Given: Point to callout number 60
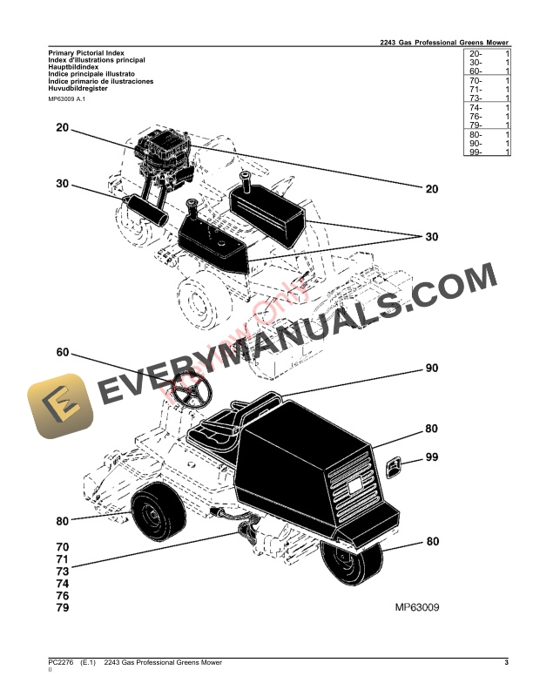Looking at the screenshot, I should (x=62, y=353).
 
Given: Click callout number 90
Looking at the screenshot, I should (x=431, y=369).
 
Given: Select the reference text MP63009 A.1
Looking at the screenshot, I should (x=67, y=101).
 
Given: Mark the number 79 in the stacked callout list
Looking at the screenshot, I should (x=62, y=606).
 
